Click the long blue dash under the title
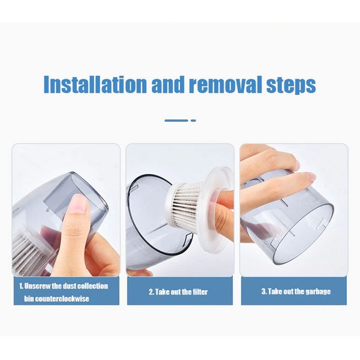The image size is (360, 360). [x=176, y=121]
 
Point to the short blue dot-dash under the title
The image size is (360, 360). [x=193, y=121]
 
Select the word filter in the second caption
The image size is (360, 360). [x=199, y=292]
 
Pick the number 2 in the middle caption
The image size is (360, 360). [x=150, y=292]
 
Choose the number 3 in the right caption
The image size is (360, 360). [x=263, y=292]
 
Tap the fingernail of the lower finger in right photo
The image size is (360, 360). [x=309, y=177]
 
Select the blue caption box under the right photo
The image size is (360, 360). [x=294, y=291]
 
